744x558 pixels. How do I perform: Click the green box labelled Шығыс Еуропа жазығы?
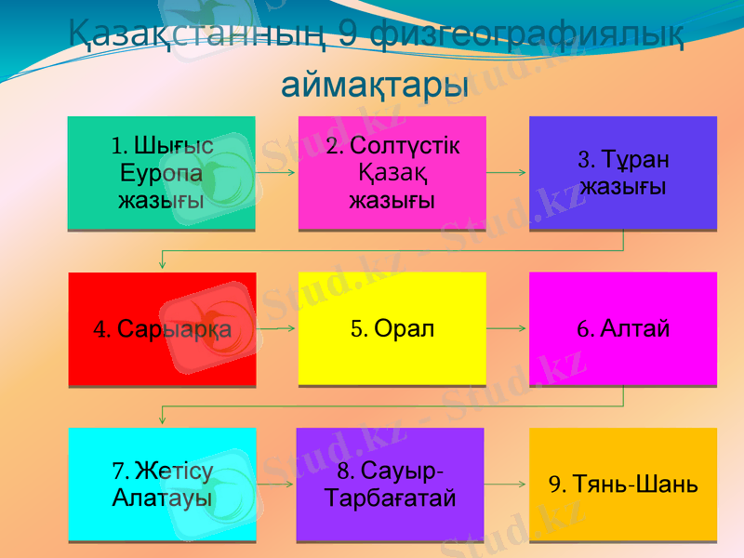(161, 173)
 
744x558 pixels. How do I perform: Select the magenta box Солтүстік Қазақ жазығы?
(392, 173)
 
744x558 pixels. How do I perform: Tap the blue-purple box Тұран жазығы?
(622, 173)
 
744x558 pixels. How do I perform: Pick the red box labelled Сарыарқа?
(162, 328)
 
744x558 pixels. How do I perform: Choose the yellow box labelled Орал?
(392, 328)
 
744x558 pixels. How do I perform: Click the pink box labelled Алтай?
(622, 328)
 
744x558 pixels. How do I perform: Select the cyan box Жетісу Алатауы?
(162, 484)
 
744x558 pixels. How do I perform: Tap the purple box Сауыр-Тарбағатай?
(390, 484)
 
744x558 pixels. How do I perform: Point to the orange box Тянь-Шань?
(622, 484)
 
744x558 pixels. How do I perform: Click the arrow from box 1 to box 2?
(276, 173)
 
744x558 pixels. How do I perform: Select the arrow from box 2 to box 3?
(507, 173)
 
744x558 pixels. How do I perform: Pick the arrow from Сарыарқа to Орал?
(276, 328)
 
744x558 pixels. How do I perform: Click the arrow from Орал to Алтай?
(507, 328)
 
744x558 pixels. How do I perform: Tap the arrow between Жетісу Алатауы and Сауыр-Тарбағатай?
(275, 485)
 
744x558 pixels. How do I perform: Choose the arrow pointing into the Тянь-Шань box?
(507, 485)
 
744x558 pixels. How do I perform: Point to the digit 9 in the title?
(346, 35)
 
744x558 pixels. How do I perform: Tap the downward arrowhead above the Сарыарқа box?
(163, 265)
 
